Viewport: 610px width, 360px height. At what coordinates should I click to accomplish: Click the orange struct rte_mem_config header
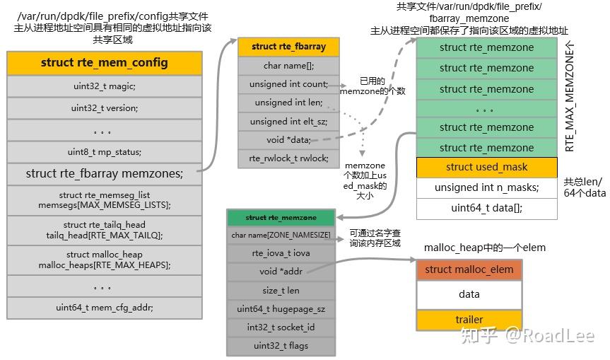(x=105, y=63)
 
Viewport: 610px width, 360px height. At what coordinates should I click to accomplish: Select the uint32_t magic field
(x=105, y=86)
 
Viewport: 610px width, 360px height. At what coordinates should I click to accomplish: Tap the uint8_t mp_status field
(x=105, y=152)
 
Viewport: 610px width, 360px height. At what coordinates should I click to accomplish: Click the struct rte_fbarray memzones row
(x=105, y=173)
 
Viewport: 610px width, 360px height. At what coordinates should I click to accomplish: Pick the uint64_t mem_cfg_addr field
(x=105, y=307)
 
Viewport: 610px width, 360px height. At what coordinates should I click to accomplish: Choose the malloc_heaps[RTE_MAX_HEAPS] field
(x=105, y=260)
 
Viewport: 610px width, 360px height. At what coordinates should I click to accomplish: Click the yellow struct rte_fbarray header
(x=288, y=47)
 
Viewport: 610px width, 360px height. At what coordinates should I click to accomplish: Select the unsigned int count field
(x=288, y=84)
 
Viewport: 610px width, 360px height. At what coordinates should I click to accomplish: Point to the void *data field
(x=288, y=140)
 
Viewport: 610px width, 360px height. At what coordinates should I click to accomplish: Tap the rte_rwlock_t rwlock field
(x=288, y=158)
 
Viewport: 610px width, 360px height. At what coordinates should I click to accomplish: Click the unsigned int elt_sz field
(x=288, y=122)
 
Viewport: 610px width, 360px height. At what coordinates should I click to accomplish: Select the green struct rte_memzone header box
(x=281, y=217)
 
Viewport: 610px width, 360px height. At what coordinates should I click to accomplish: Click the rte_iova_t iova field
(x=281, y=253)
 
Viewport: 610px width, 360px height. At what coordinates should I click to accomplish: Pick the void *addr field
(x=281, y=272)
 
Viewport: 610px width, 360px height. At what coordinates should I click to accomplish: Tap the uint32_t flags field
(x=281, y=346)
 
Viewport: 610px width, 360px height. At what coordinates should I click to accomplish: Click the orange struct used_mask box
(x=486, y=168)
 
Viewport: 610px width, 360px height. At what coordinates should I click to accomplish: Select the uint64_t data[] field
(x=486, y=208)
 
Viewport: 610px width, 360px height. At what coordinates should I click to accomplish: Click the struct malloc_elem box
(x=469, y=269)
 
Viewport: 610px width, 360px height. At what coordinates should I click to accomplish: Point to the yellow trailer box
(x=469, y=320)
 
